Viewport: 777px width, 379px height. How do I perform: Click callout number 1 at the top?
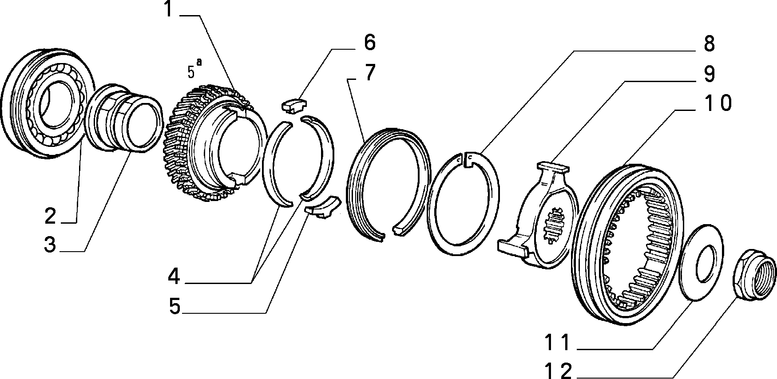click(168, 9)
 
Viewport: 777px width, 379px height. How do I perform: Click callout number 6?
click(370, 43)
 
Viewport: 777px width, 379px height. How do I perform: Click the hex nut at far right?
click(753, 279)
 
